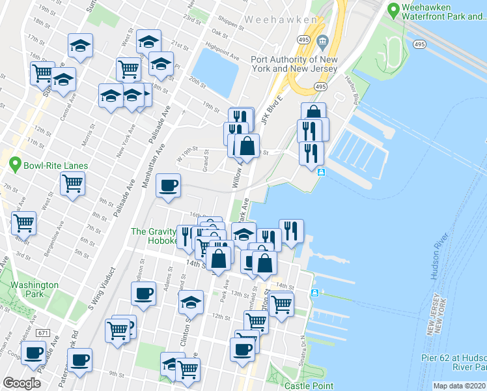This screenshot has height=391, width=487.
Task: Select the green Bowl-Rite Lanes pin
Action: click(16, 166)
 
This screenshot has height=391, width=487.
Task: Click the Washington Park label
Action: click(35, 289)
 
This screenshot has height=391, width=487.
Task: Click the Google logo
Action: click(21, 383)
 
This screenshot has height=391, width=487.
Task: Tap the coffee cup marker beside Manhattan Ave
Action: click(169, 185)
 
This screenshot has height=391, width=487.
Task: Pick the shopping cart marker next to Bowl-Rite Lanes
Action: click(72, 182)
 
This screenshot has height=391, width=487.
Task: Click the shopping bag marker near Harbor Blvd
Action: click(313, 113)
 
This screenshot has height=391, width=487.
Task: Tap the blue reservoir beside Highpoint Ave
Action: click(216, 70)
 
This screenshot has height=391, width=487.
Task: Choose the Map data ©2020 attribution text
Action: click(459, 386)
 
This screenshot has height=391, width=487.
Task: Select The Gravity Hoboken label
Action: click(155, 236)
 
